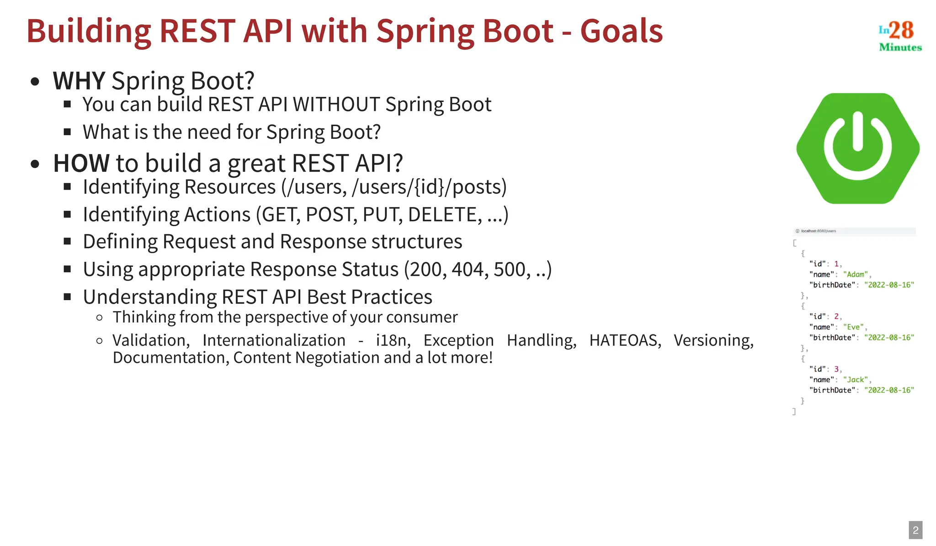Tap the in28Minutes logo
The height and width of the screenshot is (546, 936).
click(x=899, y=36)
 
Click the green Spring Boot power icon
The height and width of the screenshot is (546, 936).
click(x=858, y=148)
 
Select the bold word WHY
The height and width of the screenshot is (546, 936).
click(x=79, y=81)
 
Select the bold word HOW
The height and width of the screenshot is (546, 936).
click(x=81, y=163)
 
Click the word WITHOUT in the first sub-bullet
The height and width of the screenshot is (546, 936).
click(x=336, y=105)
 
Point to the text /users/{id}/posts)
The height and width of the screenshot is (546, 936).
click(x=429, y=187)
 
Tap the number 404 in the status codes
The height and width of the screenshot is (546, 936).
click(x=467, y=270)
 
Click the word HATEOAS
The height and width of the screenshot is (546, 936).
click(x=625, y=340)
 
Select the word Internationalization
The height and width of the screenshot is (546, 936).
click(x=274, y=340)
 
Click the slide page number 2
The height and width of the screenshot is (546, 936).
click(x=915, y=530)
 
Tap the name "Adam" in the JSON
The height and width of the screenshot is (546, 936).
click(x=856, y=275)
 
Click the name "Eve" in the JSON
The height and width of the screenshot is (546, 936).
click(x=853, y=327)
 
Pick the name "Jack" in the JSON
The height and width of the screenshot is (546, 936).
click(x=855, y=380)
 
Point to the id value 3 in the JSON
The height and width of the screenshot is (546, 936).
click(x=836, y=369)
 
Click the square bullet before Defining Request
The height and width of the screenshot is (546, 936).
click(x=68, y=241)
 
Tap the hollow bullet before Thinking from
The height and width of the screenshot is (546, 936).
click(x=100, y=318)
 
